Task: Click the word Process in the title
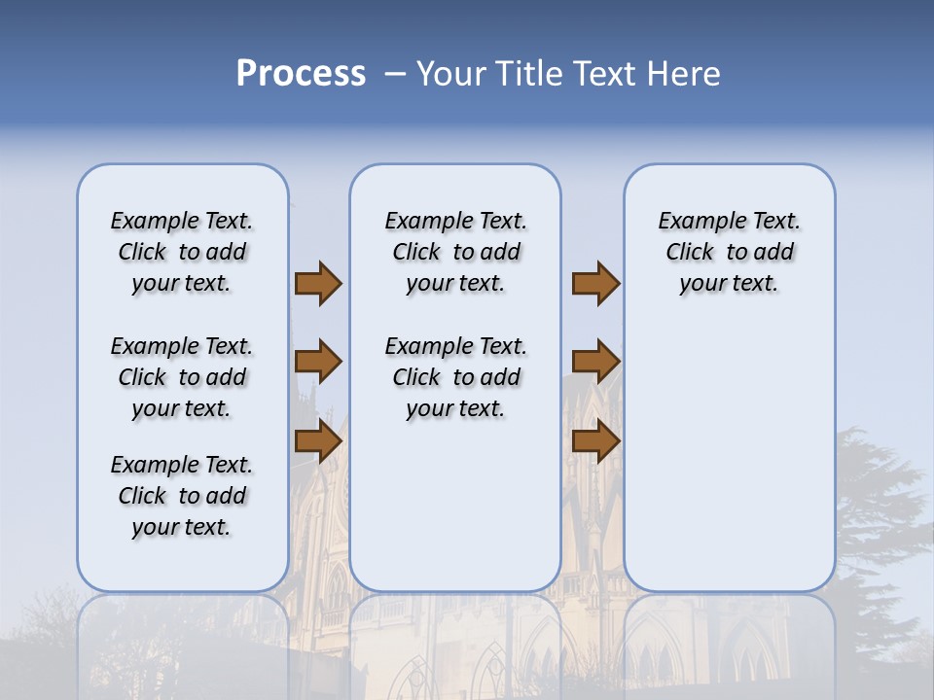click(301, 74)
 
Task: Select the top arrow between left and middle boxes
click(318, 283)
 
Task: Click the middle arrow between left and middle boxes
click(318, 362)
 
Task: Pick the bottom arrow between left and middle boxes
click(318, 440)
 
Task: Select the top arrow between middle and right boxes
click(595, 283)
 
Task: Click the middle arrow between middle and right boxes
click(595, 362)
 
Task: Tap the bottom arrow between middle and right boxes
click(595, 440)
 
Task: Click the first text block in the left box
click(182, 252)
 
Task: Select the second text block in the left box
click(182, 377)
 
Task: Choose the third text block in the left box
click(182, 496)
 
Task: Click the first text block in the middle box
click(455, 252)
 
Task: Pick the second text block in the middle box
click(455, 377)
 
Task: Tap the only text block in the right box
click(729, 252)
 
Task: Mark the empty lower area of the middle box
click(455, 506)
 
